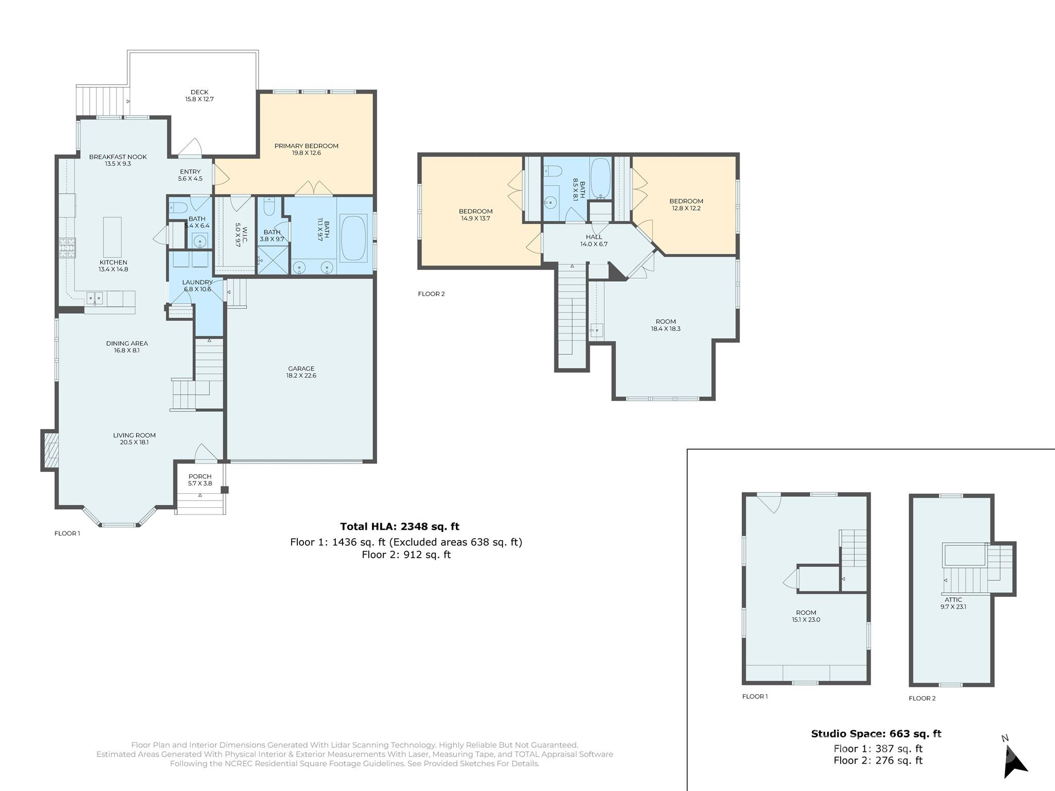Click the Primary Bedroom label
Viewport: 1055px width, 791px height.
tap(306, 146)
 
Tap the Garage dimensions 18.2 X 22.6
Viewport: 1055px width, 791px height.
tap(301, 376)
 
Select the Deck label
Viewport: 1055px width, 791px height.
tap(199, 92)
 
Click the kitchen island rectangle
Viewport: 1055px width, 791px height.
tap(112, 237)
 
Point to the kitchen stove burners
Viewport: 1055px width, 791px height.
tap(67, 247)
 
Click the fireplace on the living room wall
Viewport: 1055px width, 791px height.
tap(50, 450)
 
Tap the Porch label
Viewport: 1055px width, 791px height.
tap(200, 476)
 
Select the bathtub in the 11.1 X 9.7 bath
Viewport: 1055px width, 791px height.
tap(353, 238)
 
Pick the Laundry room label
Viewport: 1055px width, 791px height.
tap(197, 282)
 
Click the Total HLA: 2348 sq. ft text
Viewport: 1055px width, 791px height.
tap(399, 526)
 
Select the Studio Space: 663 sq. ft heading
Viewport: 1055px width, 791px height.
tap(876, 734)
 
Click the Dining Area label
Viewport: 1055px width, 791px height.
tap(127, 343)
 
